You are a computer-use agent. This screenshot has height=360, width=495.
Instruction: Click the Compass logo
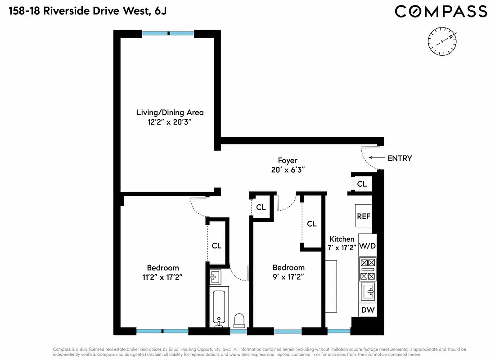pos(441,11)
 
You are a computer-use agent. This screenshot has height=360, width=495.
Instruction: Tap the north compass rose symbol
pos(442,41)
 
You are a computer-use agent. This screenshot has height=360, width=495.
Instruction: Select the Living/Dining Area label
pos(170,112)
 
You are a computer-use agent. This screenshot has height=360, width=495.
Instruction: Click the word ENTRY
pos(400,158)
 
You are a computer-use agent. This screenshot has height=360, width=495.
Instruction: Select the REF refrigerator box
pos(364,216)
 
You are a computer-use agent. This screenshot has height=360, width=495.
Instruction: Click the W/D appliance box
pos(367,246)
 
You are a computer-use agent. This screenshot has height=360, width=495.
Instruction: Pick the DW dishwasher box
pos(367,310)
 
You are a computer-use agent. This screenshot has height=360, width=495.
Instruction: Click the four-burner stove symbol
pos(368,270)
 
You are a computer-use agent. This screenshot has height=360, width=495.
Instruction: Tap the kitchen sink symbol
pos(368,292)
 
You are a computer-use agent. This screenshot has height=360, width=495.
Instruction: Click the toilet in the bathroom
pos(239,320)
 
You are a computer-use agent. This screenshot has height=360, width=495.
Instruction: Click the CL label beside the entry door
pos(362,184)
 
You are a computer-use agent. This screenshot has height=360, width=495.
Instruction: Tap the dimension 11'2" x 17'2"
pos(162,277)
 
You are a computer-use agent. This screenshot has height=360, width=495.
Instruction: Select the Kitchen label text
pos(342,239)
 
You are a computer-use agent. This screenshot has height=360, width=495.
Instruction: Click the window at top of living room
pos(168,33)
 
